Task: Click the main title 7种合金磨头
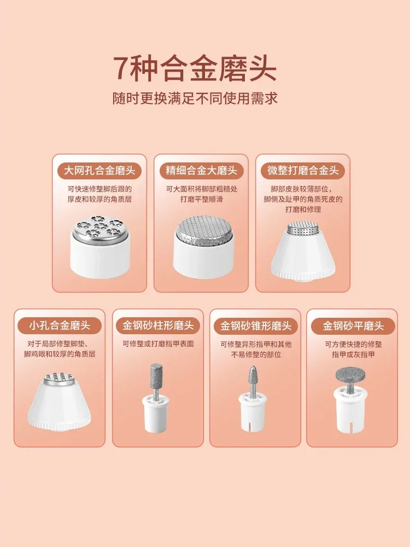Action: tap(195, 69)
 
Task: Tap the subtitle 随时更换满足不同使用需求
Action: tap(195, 98)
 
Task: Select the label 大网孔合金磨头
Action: tap(99, 171)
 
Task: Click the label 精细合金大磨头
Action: tap(201, 171)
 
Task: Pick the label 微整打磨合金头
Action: tap(303, 171)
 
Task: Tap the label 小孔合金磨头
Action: tap(60, 326)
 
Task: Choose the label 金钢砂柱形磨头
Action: tap(158, 326)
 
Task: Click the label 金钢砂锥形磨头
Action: tap(255, 326)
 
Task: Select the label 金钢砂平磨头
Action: tap(353, 326)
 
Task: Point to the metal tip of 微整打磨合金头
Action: tap(303, 229)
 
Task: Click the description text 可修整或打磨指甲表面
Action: tap(158, 344)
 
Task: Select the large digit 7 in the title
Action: tap(122, 68)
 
